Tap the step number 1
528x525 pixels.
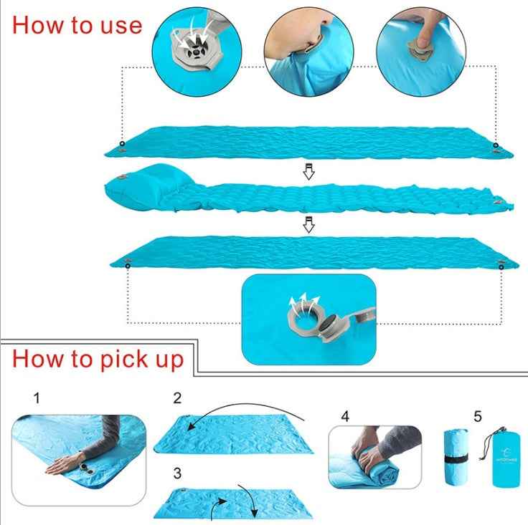pos(37,397)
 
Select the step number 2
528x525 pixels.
pos(177,398)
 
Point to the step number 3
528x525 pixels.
pos(177,473)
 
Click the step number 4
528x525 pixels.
pos(344,415)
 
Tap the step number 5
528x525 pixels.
pos(478,415)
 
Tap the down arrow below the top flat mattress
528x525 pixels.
pos(308,173)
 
